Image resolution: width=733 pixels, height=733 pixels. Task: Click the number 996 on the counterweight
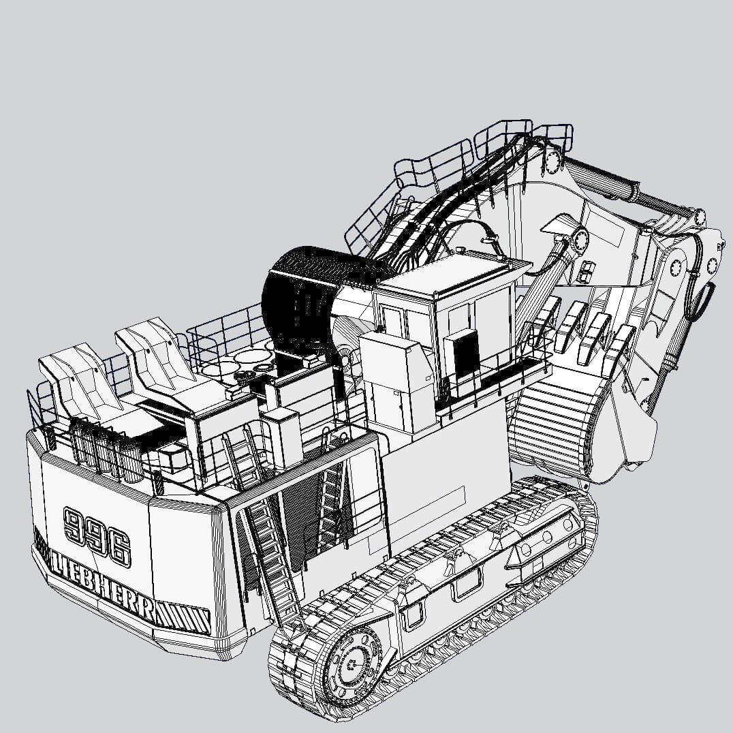coord(97,535)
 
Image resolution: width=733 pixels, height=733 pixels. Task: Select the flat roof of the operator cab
coord(450,273)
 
